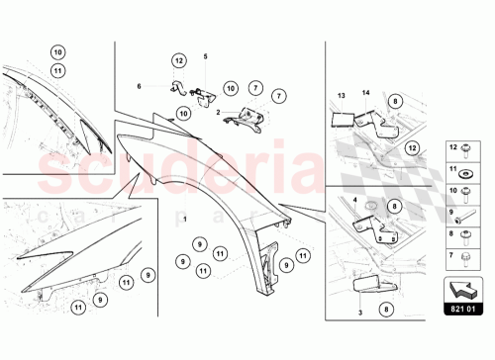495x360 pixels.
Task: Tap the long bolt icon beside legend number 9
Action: [465, 212]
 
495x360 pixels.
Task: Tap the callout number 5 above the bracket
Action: [206, 55]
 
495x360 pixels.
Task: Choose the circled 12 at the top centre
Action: [178, 61]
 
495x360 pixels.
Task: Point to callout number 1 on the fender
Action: [184, 216]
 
